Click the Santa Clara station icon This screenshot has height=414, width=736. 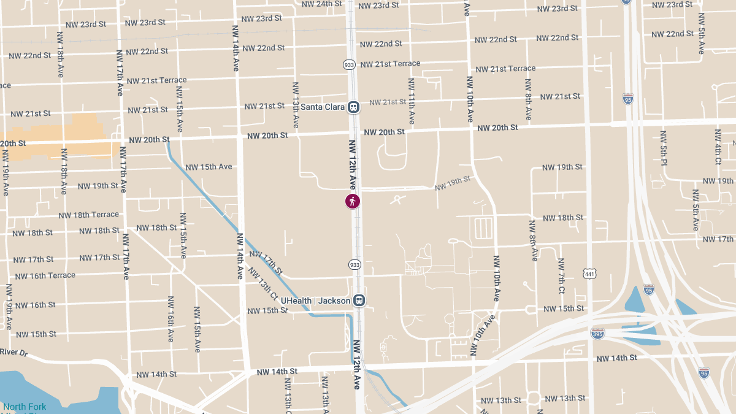353,107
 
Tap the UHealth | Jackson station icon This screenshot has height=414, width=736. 359,301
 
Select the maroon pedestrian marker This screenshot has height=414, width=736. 353,201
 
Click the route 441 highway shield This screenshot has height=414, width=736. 589,274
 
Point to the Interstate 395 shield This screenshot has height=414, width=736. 597,334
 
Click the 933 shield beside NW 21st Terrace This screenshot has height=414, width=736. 349,64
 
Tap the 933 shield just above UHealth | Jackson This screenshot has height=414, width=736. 354,264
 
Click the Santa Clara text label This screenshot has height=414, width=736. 322,107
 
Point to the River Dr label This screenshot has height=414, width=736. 14,352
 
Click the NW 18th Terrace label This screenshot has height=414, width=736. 88,215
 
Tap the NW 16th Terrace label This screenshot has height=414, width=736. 45,276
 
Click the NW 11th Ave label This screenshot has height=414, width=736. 412,101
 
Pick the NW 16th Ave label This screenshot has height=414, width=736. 171,319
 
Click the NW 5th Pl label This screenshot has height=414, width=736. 663,148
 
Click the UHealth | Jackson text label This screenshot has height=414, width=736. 315,301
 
